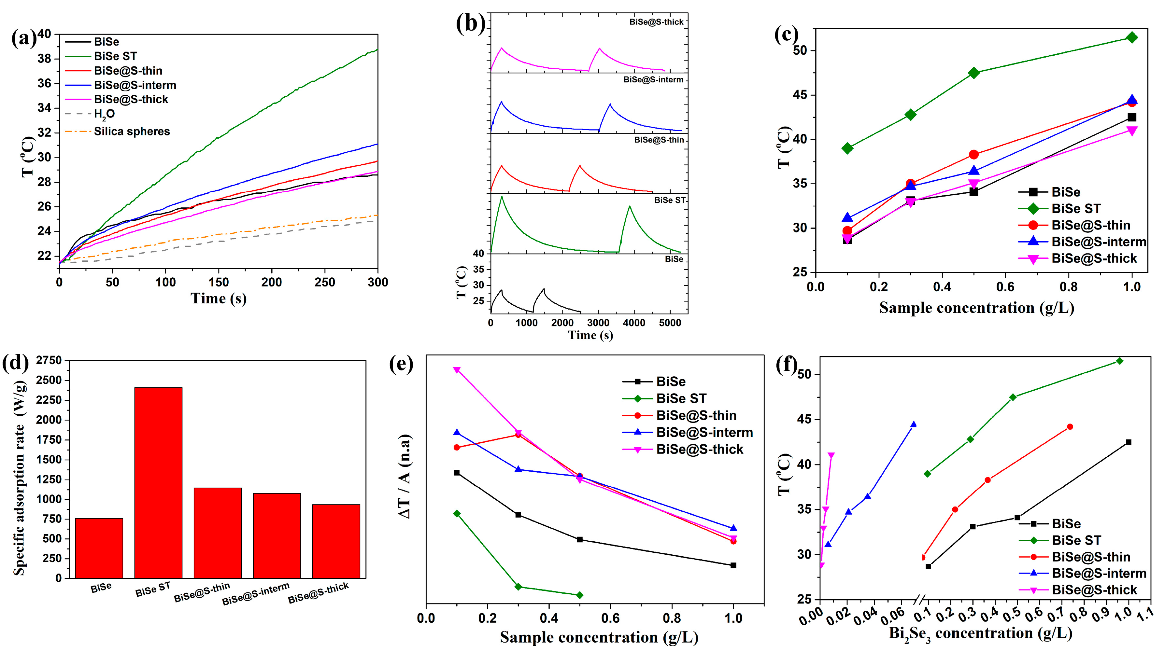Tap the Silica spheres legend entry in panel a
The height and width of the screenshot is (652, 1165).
click(132, 132)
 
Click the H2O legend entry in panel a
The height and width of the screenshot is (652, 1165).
click(104, 114)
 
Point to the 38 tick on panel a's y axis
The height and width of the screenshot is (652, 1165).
click(47, 59)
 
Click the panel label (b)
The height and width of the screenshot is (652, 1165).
click(470, 23)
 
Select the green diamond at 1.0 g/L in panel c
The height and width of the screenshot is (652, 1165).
click(1131, 37)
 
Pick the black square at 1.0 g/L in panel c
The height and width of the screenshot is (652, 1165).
click(1131, 117)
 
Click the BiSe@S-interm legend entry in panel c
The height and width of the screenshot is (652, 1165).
click(1098, 242)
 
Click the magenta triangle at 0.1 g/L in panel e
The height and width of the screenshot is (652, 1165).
click(457, 370)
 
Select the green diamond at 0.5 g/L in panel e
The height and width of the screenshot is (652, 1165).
click(580, 595)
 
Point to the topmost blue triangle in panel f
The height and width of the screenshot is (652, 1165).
click(913, 424)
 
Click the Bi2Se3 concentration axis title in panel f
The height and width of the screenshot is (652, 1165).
click(980, 633)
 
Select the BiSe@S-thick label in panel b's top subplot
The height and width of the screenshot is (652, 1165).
click(656, 22)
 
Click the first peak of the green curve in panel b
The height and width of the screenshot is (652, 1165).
click(502, 197)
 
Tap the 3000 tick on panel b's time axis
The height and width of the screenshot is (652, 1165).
click(598, 323)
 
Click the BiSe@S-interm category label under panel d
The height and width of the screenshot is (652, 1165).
click(256, 594)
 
